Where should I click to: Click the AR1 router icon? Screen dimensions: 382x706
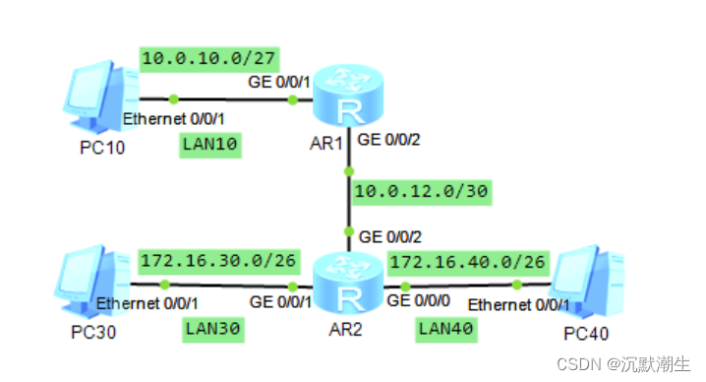point(347,98)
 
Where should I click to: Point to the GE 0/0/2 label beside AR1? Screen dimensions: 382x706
point(389,139)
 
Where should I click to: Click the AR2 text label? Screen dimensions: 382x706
point(345,329)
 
